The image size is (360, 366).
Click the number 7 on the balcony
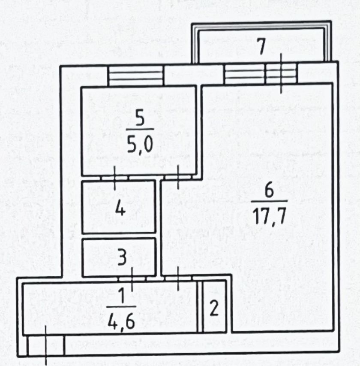click(261, 46)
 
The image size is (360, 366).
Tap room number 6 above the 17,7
click(269, 190)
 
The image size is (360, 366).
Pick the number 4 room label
click(120, 209)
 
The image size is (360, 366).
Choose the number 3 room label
click(122, 257)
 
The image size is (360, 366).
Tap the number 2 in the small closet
click(214, 308)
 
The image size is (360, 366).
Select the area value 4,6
click(121, 321)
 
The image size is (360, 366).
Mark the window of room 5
click(136, 76)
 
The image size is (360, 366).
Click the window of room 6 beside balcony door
click(245, 74)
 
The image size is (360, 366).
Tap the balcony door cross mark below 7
click(281, 73)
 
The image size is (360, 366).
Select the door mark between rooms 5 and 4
click(114, 178)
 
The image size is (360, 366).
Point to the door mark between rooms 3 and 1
click(132, 279)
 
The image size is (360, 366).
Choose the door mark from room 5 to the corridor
click(178, 177)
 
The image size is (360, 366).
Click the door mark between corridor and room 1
click(178, 278)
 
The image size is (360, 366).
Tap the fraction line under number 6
click(269, 201)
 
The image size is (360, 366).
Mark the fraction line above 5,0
click(140, 129)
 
